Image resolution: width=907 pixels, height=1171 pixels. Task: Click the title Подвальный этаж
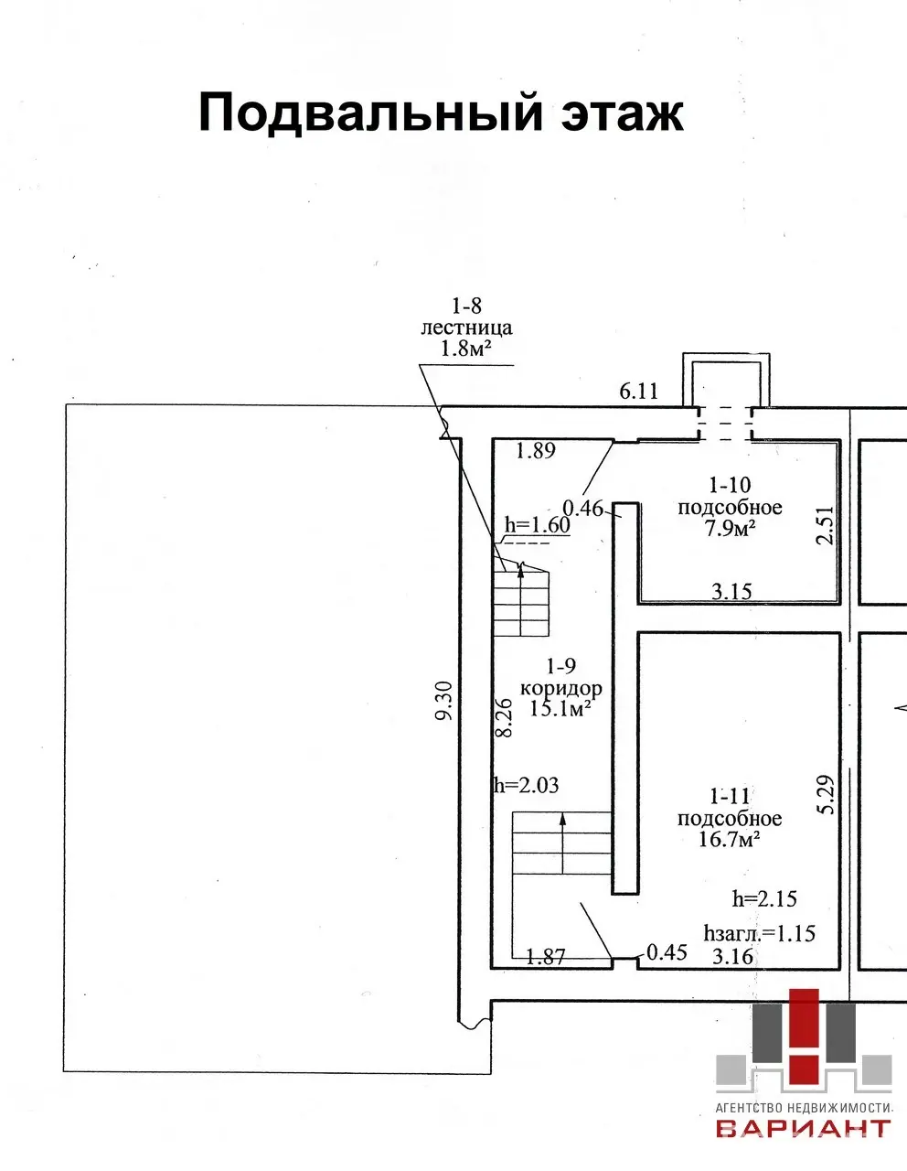[x=441, y=113]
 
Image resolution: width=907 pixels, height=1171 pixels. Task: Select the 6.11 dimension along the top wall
[x=638, y=392]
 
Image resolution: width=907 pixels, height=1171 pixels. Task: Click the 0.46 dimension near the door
[x=582, y=508]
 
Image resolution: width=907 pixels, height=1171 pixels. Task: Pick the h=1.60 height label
[x=537, y=525]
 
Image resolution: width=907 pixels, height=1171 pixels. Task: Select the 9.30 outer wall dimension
[x=444, y=701]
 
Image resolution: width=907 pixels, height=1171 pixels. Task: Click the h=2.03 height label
[x=526, y=785]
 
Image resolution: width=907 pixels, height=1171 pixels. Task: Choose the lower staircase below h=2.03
[x=560, y=843]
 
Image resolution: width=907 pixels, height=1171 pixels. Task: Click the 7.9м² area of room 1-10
[x=729, y=528]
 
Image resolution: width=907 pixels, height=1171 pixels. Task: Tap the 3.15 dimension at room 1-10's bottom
[x=731, y=592]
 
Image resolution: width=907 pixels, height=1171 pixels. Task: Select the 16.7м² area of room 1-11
[x=730, y=839]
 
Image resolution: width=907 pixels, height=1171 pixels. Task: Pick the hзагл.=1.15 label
[x=759, y=933]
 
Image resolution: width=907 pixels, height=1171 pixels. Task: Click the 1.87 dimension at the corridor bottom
[x=546, y=957]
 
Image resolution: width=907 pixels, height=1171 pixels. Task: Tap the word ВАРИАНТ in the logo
[x=803, y=1127]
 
